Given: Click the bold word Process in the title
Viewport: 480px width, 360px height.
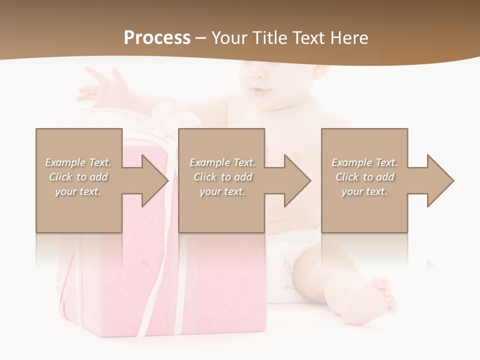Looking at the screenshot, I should pyautogui.click(x=157, y=37).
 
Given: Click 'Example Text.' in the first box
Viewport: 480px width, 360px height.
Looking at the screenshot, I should pyautogui.click(x=78, y=162).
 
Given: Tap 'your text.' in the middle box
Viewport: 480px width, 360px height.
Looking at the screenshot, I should pyautogui.click(x=222, y=191).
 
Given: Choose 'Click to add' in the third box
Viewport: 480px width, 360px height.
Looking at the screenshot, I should pyautogui.click(x=364, y=177).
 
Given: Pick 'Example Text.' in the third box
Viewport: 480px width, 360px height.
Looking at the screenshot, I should pyautogui.click(x=364, y=162).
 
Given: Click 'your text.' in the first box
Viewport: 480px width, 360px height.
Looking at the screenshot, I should pyautogui.click(x=78, y=191).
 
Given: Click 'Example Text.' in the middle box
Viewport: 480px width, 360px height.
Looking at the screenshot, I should pyautogui.click(x=222, y=162).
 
